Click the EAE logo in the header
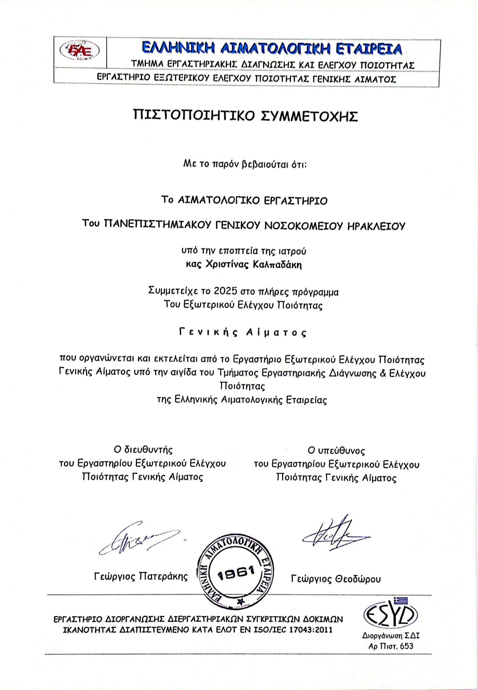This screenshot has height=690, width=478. (80, 50)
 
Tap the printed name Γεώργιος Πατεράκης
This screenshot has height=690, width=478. (141, 576)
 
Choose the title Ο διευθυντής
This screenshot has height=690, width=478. (143, 450)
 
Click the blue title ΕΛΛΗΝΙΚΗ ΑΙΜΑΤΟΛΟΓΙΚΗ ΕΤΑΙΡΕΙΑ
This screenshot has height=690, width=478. (272, 49)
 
